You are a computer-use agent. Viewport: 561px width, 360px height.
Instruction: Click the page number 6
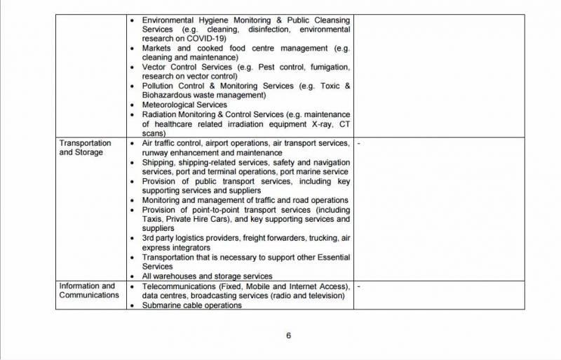click(288, 335)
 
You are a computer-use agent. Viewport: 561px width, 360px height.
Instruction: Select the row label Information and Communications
click(87, 291)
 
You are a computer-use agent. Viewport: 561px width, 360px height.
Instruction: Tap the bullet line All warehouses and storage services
click(207, 276)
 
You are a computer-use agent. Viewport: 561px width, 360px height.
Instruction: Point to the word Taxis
click(153, 219)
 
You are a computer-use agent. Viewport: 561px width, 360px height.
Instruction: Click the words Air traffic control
click(172, 143)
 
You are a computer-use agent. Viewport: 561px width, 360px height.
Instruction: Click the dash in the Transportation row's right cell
click(358, 143)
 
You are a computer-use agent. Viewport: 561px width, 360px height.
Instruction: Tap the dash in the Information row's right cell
click(358, 286)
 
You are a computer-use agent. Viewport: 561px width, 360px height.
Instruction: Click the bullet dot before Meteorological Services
click(133, 105)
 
